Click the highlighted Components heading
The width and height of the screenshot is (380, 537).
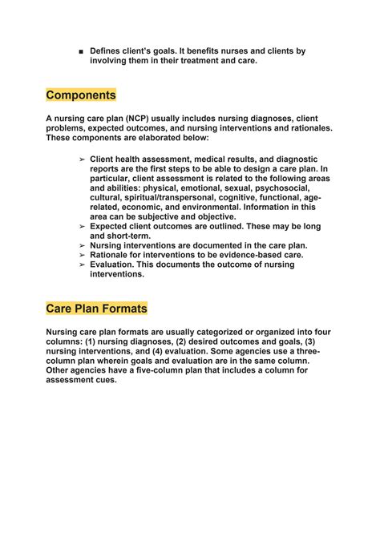(81, 95)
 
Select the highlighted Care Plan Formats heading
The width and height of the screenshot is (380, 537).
(96, 309)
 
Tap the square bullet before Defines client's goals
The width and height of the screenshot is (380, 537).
(82, 52)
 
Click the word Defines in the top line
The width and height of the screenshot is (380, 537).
(107, 51)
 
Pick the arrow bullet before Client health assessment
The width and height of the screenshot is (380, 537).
(82, 159)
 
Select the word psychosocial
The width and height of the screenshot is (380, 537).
(286, 188)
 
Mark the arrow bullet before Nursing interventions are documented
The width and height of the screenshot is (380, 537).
(82, 245)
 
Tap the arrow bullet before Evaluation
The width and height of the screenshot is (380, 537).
(82, 264)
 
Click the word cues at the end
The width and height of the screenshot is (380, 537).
(105, 380)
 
